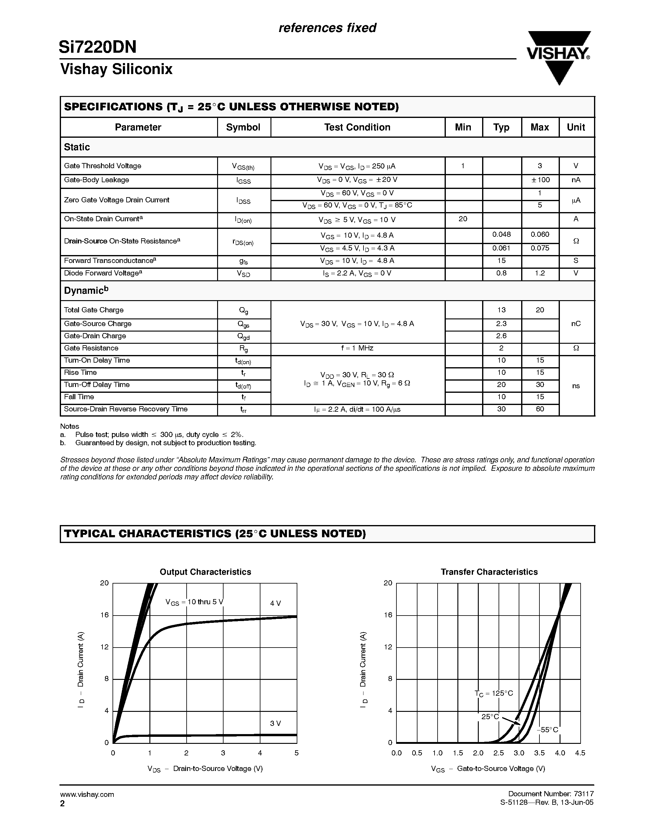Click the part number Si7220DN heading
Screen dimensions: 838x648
point(98,47)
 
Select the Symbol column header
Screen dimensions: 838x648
point(243,127)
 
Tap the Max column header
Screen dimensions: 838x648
point(539,127)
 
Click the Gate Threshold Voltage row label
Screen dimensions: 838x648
point(102,166)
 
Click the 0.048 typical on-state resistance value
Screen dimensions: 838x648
point(501,234)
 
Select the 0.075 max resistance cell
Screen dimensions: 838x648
point(539,248)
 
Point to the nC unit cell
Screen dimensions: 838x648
point(575,323)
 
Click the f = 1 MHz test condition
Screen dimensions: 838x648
point(357,348)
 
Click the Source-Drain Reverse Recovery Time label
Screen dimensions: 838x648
point(126,409)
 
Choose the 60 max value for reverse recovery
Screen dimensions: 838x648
point(539,409)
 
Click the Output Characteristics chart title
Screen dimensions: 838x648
point(206,572)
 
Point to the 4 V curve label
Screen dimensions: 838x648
point(275,603)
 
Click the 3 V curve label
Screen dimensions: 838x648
point(275,723)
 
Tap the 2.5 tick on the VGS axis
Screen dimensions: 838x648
point(498,753)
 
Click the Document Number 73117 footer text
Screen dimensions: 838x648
point(550,794)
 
